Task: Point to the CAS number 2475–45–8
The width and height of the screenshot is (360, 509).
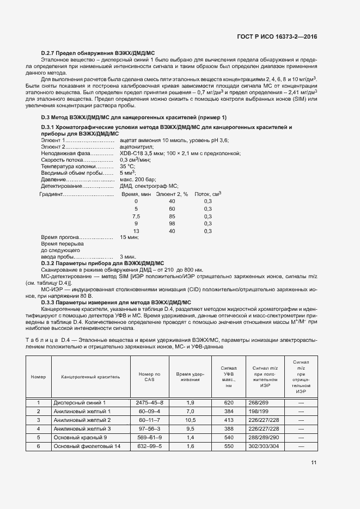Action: [x=150, y=402]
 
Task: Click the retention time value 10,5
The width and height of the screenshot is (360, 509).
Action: [x=191, y=420]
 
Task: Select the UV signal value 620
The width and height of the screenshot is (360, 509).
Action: [x=228, y=402]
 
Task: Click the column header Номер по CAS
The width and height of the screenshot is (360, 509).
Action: [x=150, y=377]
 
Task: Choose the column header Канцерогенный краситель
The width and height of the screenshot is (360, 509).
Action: [x=87, y=377]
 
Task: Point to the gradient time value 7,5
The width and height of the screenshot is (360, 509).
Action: [x=136, y=216]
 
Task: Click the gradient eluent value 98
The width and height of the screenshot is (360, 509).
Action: [x=172, y=224]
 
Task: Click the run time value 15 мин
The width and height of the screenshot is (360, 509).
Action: [x=129, y=238]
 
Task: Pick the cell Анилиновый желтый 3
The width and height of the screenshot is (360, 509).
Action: [x=82, y=429]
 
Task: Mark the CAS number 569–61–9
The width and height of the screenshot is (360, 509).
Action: [x=150, y=438]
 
